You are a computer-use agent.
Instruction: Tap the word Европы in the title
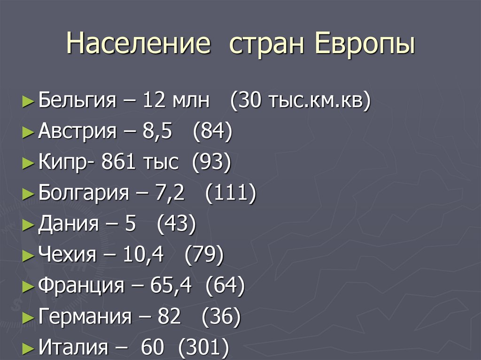(364, 44)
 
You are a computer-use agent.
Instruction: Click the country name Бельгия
(77, 100)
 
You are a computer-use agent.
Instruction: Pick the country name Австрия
(78, 131)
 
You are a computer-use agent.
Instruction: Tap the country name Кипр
(62, 162)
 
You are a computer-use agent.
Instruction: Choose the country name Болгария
(84, 193)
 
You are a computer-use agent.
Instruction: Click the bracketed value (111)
(231, 193)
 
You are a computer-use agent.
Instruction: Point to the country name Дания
(69, 224)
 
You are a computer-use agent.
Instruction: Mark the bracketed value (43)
(176, 224)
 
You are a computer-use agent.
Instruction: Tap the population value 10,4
(143, 255)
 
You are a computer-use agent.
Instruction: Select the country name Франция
(81, 286)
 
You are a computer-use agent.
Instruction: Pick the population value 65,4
(171, 286)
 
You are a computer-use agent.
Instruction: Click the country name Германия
(85, 317)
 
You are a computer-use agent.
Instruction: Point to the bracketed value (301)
(203, 348)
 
